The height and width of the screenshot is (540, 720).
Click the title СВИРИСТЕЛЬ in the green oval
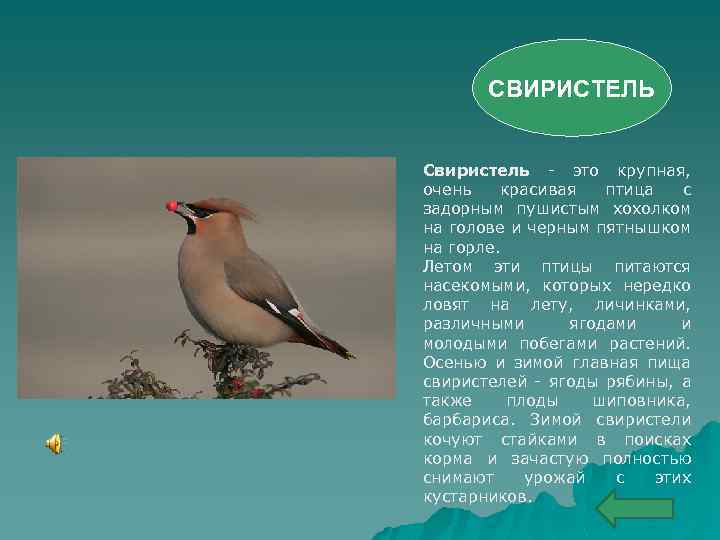coord(571,89)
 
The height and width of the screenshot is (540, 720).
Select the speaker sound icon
coord(55,444)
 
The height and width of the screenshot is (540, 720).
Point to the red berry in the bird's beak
coord(172,206)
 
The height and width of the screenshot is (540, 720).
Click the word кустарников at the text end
coord(476,495)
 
